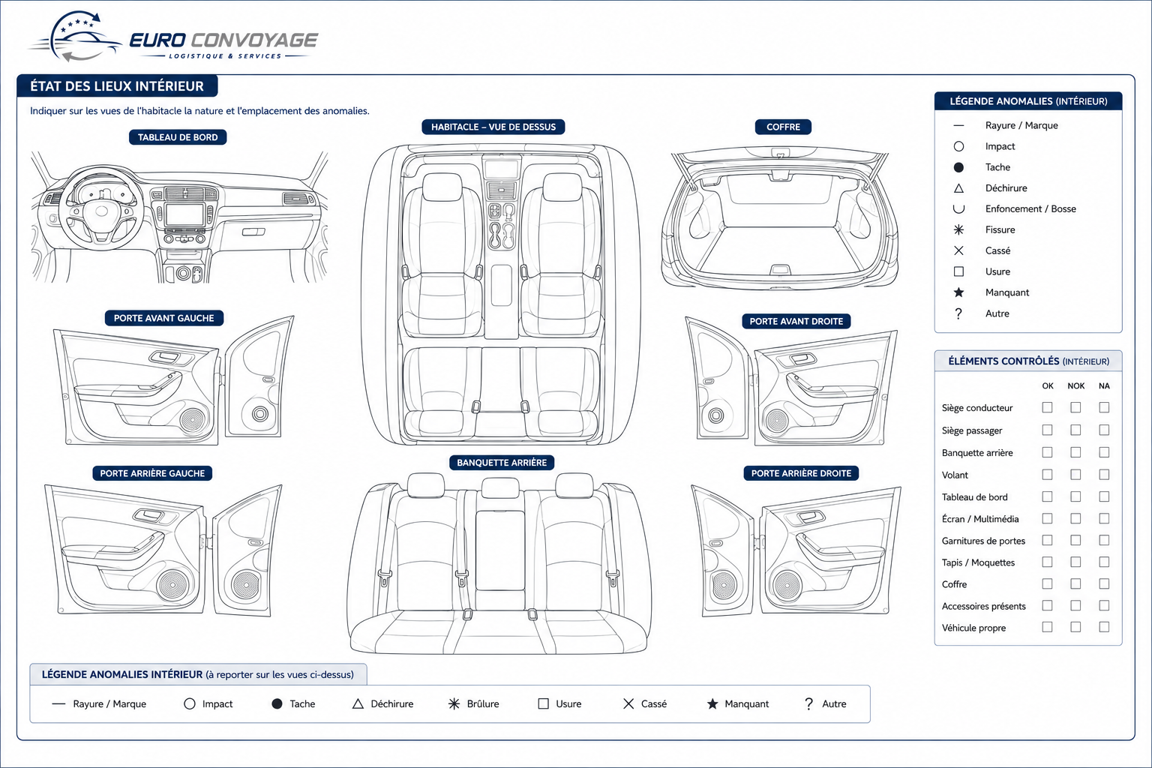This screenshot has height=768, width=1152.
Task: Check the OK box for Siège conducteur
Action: (x=1047, y=407)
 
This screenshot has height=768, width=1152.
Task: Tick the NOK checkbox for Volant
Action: (x=1075, y=474)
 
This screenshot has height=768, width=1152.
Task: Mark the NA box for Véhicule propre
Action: (x=1104, y=627)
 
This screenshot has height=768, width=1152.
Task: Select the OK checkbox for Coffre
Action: (x=1047, y=583)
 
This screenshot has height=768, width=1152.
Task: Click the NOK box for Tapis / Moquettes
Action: (x=1075, y=562)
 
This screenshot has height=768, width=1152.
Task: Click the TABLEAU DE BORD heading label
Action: (x=178, y=137)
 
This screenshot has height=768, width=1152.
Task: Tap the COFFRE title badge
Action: (x=783, y=127)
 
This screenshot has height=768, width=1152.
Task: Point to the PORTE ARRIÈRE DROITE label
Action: (x=801, y=473)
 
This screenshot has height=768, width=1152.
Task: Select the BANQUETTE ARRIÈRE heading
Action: (x=502, y=463)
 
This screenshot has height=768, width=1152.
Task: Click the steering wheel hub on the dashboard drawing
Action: (x=101, y=211)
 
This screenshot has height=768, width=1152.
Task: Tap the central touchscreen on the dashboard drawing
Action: (x=184, y=214)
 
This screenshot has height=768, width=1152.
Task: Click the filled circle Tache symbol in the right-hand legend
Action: (x=958, y=167)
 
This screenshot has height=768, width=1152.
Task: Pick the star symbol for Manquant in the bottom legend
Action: (x=712, y=703)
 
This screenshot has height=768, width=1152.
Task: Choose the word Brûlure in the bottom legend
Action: (x=483, y=703)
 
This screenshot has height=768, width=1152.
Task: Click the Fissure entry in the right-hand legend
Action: (x=1000, y=230)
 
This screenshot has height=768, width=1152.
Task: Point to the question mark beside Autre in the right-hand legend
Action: (x=958, y=313)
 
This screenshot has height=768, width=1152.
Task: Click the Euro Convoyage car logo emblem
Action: (x=76, y=37)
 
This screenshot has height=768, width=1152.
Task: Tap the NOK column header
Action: (x=1076, y=385)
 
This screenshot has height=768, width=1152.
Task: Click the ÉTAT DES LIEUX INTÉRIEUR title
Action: (x=117, y=86)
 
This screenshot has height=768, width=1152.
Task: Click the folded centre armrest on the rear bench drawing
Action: (x=500, y=550)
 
